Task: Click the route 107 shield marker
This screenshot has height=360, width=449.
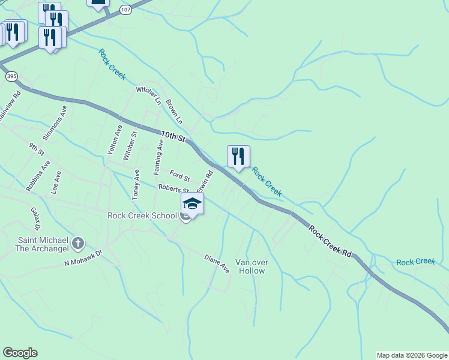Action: tap(125, 10)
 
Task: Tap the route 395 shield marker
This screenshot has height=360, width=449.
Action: tap(12, 76)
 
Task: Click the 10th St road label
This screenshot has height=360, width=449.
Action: tap(173, 136)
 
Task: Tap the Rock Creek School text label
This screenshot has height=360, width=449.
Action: tap(142, 216)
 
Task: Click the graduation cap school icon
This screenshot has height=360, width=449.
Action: tap(192, 204)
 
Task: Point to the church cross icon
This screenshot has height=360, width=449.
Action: tap(77, 243)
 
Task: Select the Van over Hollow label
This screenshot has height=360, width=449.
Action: tap(251, 266)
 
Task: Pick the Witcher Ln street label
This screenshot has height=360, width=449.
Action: tap(148, 96)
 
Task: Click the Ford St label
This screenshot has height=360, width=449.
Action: tap(179, 176)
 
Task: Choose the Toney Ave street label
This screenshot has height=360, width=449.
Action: tap(137, 184)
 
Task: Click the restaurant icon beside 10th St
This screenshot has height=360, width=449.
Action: tap(238, 157)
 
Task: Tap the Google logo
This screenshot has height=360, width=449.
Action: tap(20, 353)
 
